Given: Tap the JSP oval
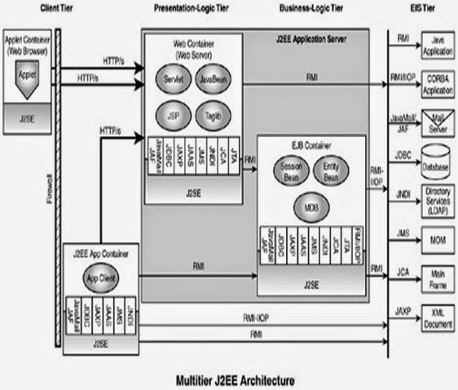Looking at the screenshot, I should point(174,116).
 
